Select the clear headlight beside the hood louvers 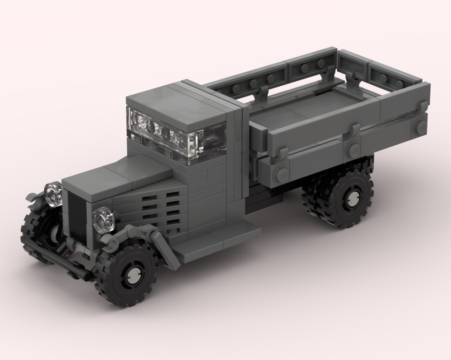point(103,219)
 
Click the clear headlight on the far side point(53,194)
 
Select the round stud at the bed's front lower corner point(282,174)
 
